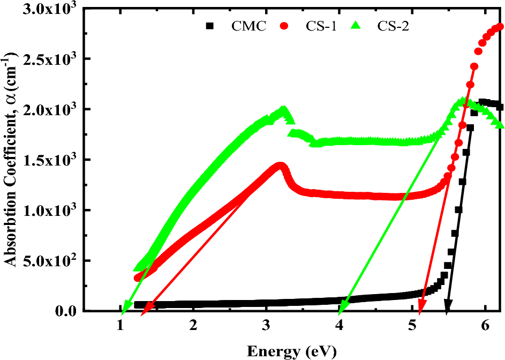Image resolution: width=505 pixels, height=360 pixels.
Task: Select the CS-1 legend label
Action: pyautogui.click(x=321, y=26)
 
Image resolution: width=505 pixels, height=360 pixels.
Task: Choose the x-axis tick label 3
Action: pyautogui.click(x=266, y=325)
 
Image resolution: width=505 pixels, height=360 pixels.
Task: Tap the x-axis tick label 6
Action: pyautogui.click(x=485, y=325)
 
